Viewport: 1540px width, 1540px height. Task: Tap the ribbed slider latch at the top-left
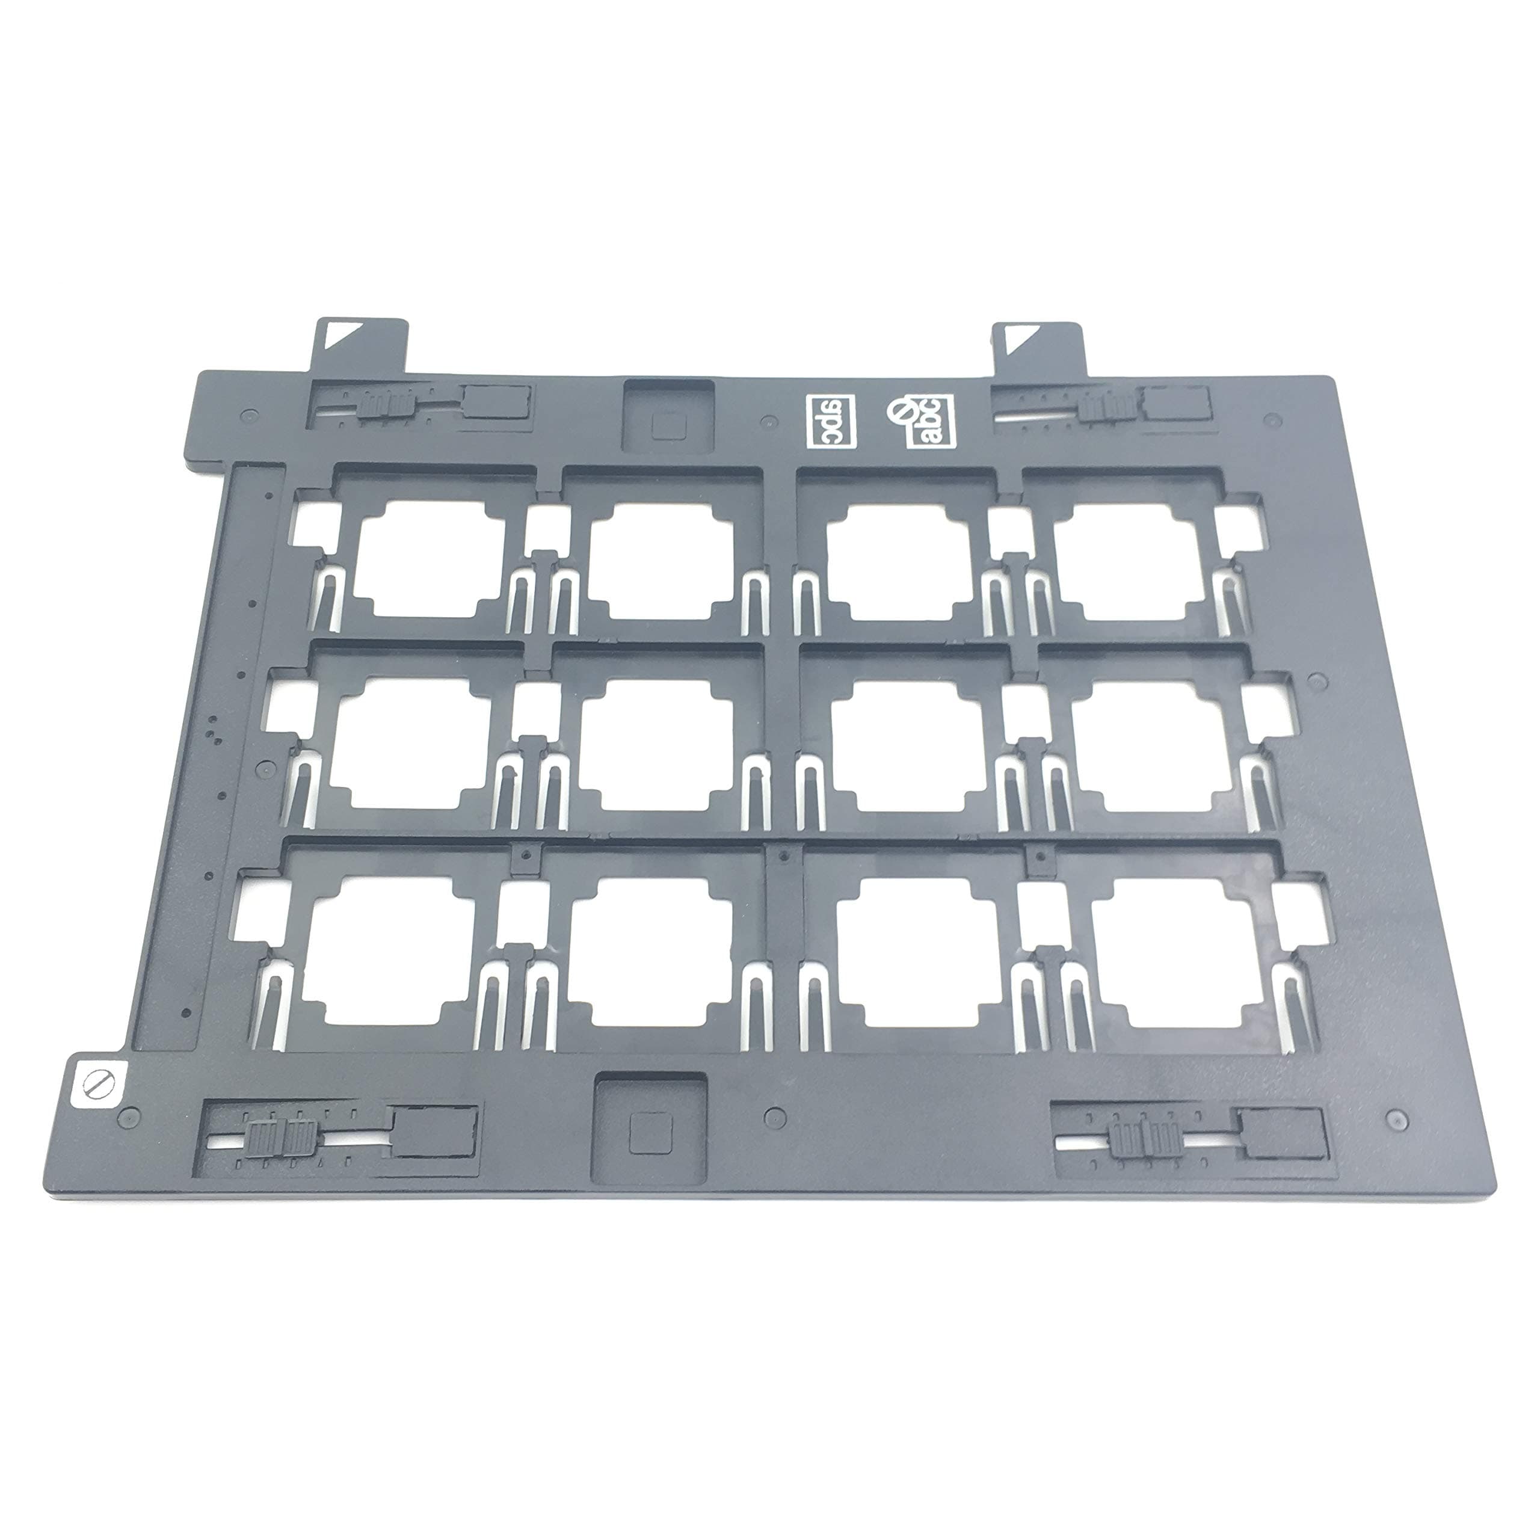(385, 404)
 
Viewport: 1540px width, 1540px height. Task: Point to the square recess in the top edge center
(668, 419)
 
